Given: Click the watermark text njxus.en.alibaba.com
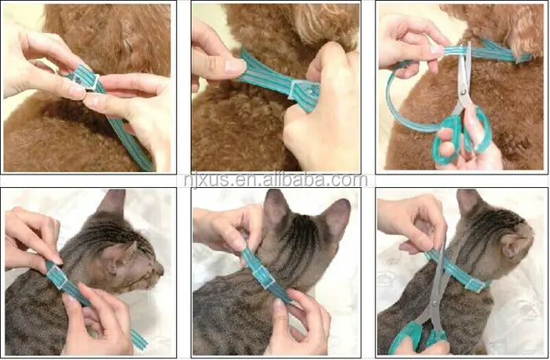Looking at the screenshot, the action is click(x=276, y=180).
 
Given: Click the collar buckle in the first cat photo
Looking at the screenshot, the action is click(x=57, y=277).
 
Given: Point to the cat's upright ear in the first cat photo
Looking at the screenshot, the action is click(x=113, y=203).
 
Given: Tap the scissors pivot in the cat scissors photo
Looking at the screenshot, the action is click(x=435, y=303).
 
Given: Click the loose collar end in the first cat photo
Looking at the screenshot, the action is click(x=139, y=339).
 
